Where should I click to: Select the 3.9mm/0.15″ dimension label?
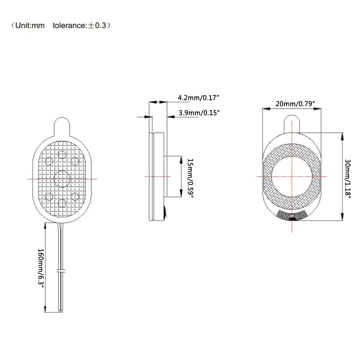[x=199, y=113]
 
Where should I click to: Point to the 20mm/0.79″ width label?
[x=295, y=104]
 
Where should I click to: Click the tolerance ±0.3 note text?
[x=80, y=25]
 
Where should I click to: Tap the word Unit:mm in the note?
[x=30, y=25]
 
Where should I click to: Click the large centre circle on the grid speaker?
[x=62, y=179]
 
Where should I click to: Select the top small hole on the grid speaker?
[x=62, y=154]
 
